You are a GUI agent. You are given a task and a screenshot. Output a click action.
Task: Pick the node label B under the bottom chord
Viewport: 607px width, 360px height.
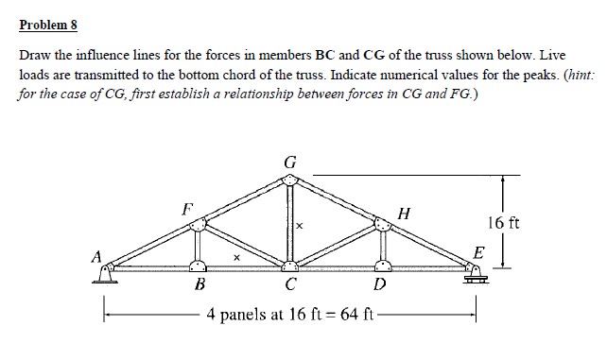pyautogui.click(x=199, y=284)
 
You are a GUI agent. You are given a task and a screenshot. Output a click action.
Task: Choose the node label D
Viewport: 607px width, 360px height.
pyautogui.click(x=380, y=284)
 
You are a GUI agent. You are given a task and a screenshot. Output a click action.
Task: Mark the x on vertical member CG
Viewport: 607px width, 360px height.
pyautogui.click(x=300, y=227)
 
